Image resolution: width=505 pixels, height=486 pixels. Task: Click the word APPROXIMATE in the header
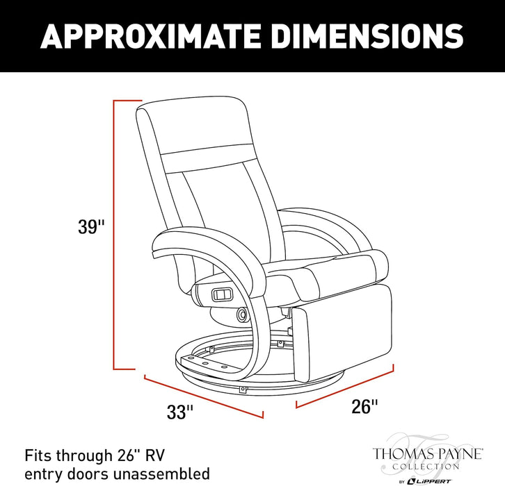[151, 36]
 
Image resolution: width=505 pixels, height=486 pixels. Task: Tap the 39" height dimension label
[91, 226]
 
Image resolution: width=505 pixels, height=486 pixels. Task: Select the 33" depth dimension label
[180, 412]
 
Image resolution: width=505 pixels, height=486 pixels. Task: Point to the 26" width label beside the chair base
[364, 406]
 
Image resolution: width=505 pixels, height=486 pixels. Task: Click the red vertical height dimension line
[114, 235]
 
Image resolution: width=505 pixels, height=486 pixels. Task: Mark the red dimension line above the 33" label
[204, 396]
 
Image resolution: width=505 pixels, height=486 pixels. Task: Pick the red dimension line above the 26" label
[344, 386]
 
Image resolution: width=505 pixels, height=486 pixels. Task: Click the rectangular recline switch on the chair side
[222, 294]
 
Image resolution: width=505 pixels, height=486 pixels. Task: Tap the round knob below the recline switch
[242, 313]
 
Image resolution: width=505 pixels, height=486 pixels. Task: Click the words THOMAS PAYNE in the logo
[427, 454]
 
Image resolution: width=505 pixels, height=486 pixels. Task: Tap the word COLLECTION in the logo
[426, 467]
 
